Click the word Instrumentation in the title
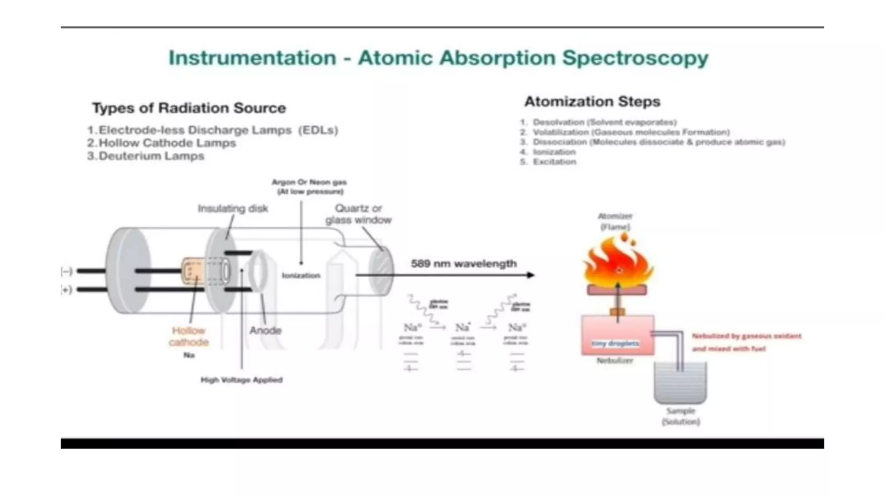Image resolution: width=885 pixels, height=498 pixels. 252,58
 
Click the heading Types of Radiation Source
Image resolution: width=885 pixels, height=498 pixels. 189,108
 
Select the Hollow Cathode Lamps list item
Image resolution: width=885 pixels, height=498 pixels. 167,143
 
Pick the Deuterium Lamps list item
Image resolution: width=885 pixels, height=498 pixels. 151,156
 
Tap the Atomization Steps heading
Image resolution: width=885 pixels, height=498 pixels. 592,102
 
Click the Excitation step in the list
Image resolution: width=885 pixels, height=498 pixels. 554,162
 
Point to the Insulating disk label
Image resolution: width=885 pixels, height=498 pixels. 233,209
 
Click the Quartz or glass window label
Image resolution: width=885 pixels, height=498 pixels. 358,214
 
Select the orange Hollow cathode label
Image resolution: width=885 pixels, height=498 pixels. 189,336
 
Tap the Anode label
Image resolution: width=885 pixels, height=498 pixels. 265,331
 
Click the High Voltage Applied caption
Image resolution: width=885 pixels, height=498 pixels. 242,380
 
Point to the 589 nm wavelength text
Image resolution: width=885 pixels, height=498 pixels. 464,264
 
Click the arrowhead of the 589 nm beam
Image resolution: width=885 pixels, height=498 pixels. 531,275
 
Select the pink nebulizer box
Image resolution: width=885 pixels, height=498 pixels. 617,335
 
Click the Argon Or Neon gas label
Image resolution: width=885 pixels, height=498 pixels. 309,187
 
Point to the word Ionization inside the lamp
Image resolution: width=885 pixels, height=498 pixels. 301,275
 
